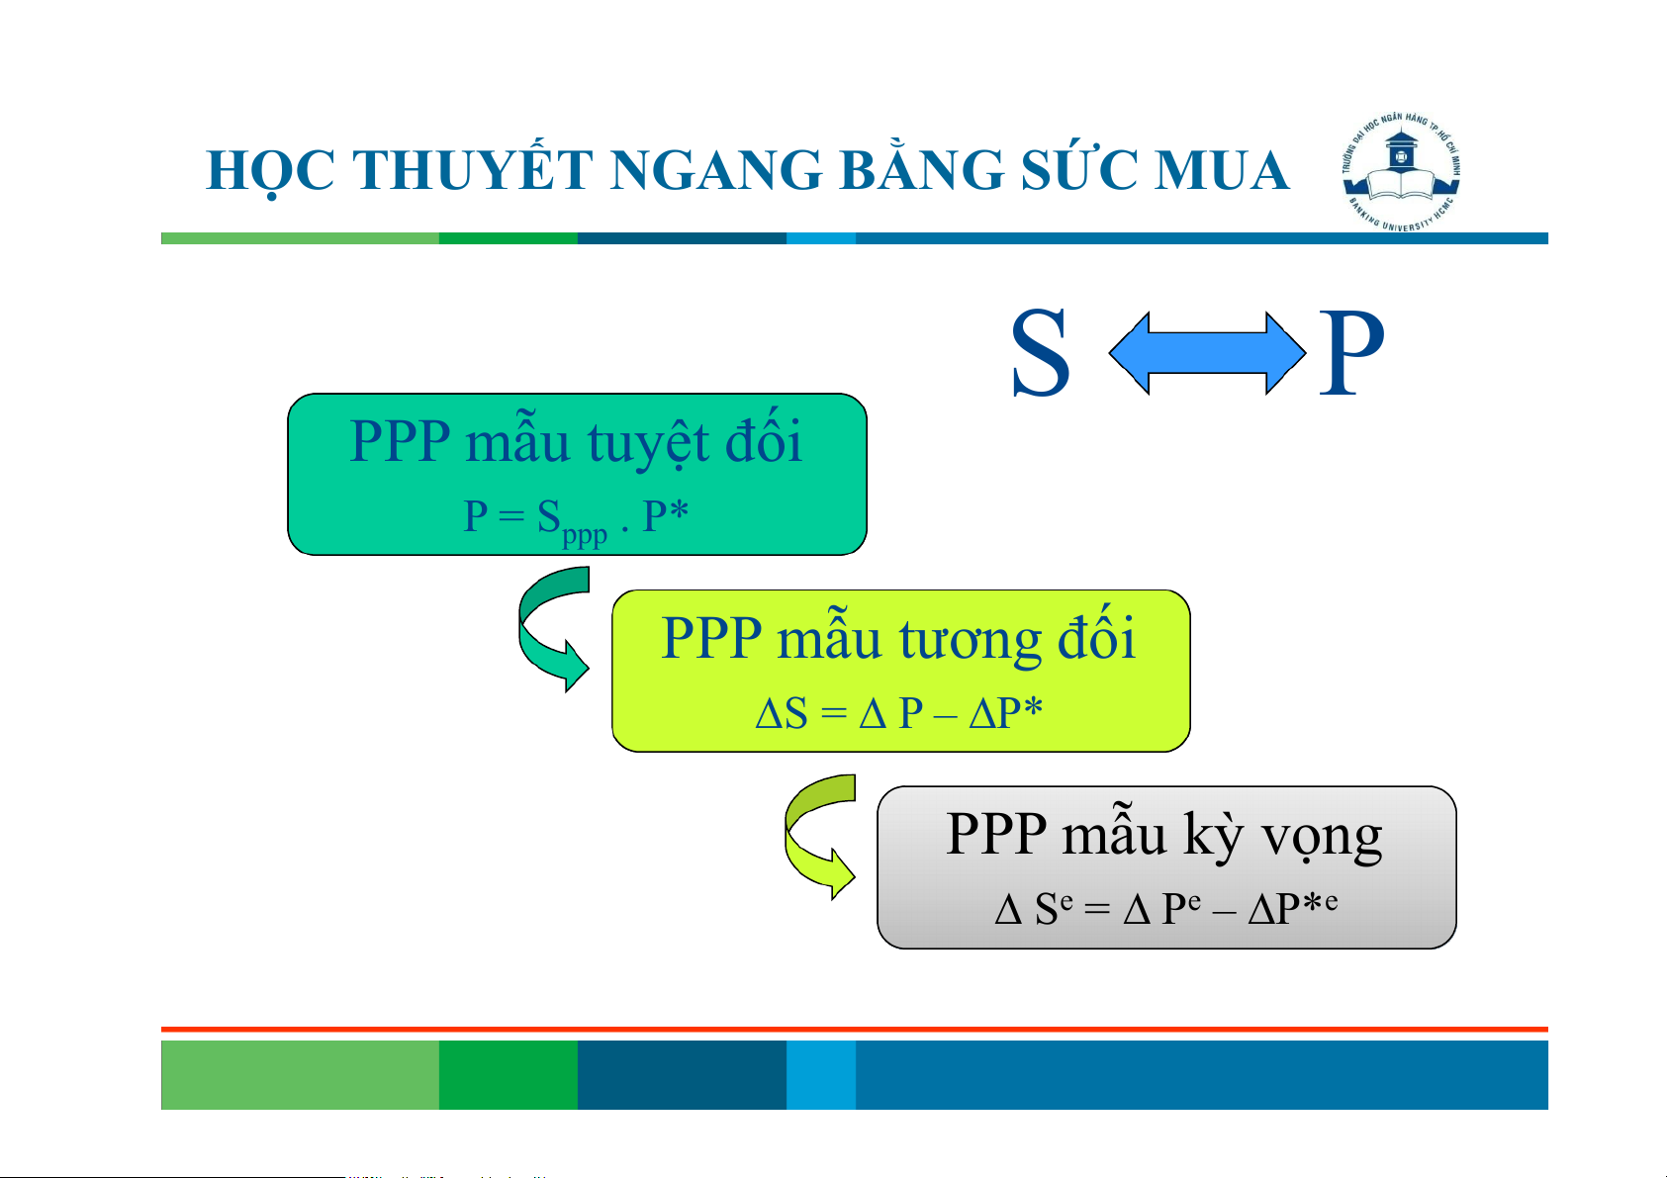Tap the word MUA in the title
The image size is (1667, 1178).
1221,170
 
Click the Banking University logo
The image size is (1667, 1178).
1400,172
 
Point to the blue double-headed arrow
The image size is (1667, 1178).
1206,353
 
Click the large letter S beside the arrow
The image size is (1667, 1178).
1041,353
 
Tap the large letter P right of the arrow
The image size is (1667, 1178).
1350,353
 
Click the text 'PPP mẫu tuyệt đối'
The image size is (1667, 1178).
575,441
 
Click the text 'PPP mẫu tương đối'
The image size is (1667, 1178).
898,637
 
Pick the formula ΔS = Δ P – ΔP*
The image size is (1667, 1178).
898,713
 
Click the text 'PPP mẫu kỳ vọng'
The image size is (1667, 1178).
1163,834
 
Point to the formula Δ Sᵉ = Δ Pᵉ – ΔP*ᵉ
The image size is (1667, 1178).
1166,909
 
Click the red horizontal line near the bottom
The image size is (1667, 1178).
855,1030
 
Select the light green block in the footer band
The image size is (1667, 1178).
300,1074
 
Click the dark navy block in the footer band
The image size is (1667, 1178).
682,1074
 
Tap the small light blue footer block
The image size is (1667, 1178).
821,1074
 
